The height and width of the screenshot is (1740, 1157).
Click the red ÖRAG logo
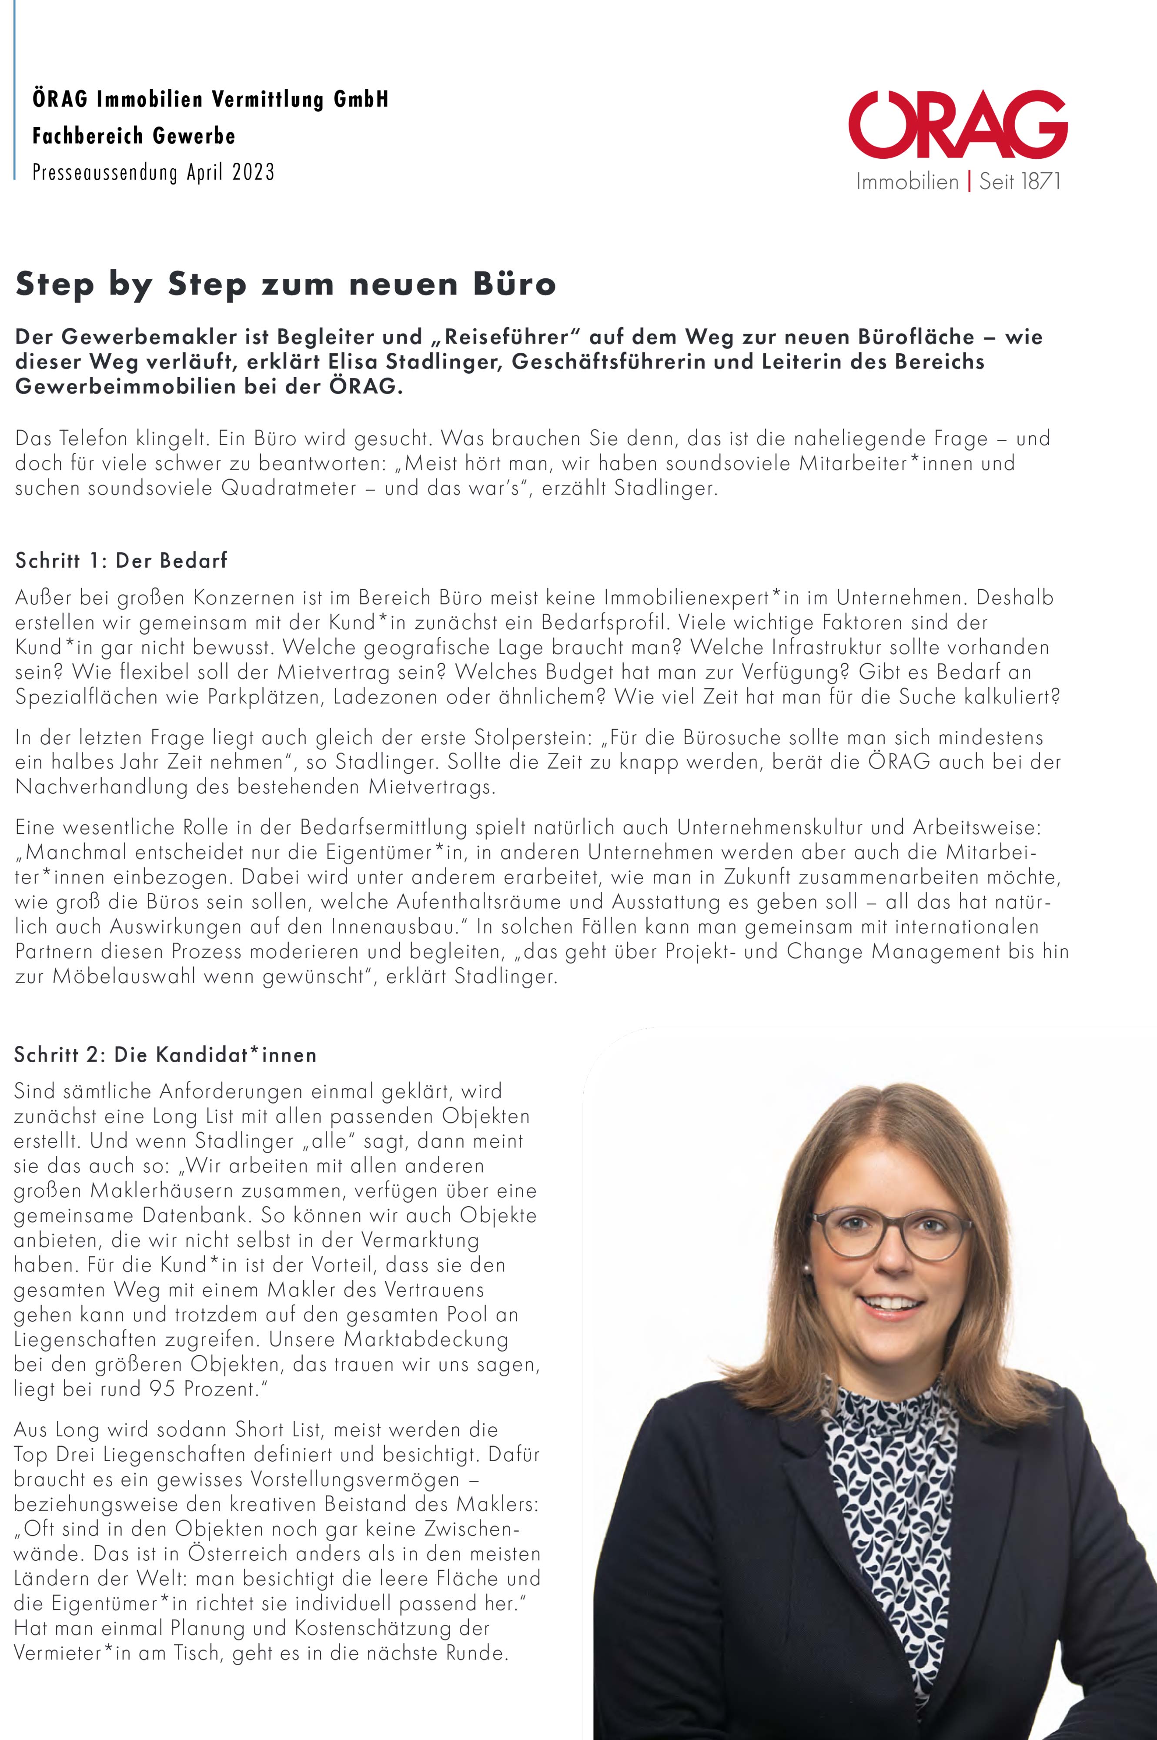click(957, 125)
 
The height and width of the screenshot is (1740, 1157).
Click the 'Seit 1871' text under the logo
click(1020, 181)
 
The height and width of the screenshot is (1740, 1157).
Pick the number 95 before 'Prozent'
click(162, 1389)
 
